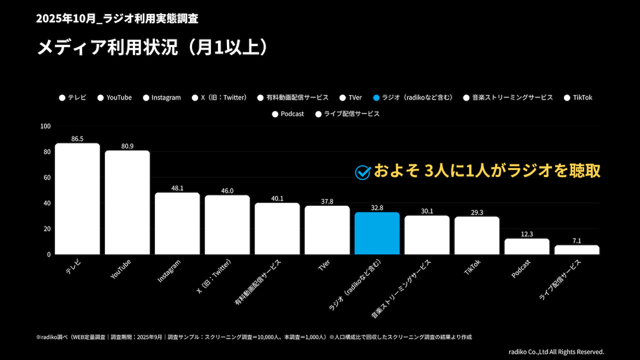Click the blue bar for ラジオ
pos(377,233)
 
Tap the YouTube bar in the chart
pos(127,202)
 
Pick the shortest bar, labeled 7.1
pos(576,249)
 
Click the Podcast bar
pos(527,246)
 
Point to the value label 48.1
pos(177,188)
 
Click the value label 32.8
pos(377,208)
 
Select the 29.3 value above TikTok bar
pos(477,212)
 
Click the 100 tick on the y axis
pos(45,126)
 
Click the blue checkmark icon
pos(362,172)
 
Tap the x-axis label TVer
pos(324,265)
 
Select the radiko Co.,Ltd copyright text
pos(556,351)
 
